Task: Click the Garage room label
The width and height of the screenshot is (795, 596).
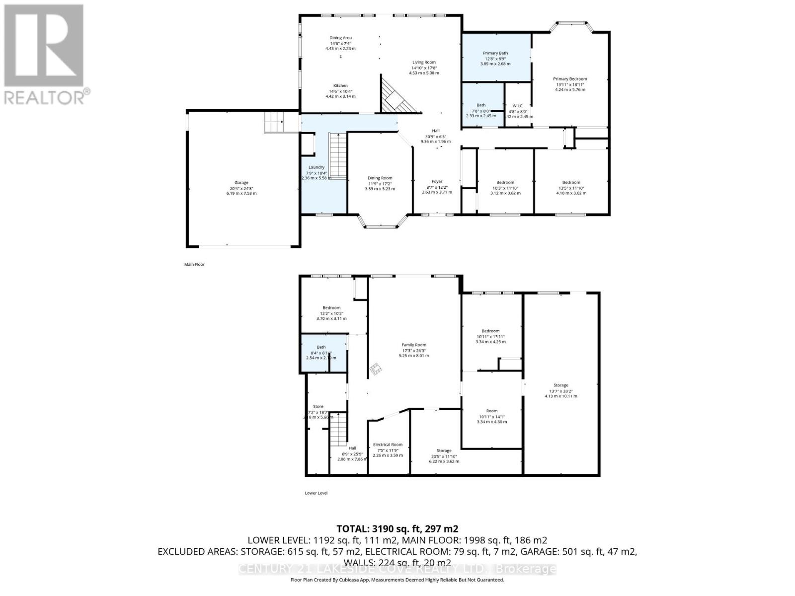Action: (x=241, y=183)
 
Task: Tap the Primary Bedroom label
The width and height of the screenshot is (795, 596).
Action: (x=570, y=79)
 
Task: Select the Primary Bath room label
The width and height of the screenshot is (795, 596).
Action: (x=495, y=53)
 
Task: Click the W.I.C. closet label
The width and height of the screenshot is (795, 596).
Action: (x=518, y=106)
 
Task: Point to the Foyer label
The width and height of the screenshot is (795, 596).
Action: (x=437, y=181)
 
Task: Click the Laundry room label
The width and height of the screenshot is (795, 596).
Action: (x=316, y=167)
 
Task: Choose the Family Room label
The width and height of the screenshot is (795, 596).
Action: (x=414, y=345)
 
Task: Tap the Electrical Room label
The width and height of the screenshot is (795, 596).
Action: (x=388, y=445)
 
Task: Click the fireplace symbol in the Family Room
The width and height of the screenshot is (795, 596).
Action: (x=376, y=368)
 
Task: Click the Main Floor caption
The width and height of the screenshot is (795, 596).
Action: (x=194, y=265)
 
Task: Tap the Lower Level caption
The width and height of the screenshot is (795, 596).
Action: (x=316, y=493)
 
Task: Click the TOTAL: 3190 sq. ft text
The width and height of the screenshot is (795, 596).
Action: (x=397, y=528)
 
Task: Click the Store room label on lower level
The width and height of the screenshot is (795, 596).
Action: (x=318, y=406)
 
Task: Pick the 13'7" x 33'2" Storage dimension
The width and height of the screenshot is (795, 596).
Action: (x=560, y=391)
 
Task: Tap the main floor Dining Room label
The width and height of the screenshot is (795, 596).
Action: (x=380, y=178)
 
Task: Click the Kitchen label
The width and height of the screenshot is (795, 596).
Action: (x=340, y=85)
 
